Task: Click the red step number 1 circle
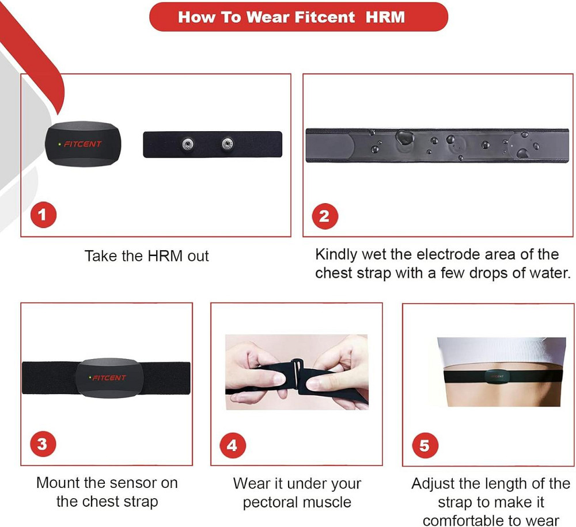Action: [x=43, y=215]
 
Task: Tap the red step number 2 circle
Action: [x=325, y=216]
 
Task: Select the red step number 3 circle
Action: [x=43, y=444]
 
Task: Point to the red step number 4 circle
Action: [x=233, y=445]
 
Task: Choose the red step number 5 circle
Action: [x=425, y=445]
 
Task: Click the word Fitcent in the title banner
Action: [x=325, y=17]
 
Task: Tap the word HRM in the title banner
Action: [x=385, y=17]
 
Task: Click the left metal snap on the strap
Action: [x=188, y=144]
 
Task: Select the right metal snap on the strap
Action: [x=227, y=143]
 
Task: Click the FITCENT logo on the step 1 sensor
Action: [x=82, y=144]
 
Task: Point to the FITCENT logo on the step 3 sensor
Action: [x=109, y=377]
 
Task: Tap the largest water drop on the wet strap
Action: [x=404, y=138]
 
